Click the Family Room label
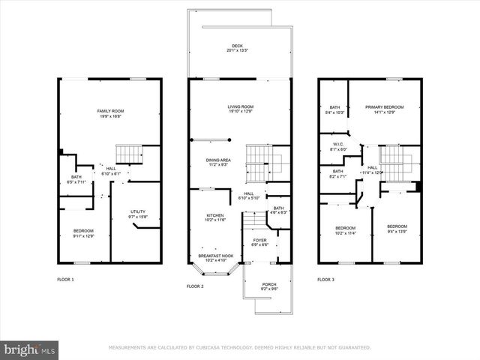109,113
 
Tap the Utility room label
137,214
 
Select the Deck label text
238,48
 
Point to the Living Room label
241,109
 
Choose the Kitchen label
215,217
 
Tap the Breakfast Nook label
215,257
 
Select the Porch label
268,286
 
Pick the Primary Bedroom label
384,109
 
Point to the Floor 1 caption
66,280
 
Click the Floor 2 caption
194,286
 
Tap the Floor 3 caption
325,280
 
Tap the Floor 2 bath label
278,210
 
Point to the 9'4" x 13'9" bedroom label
397,229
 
